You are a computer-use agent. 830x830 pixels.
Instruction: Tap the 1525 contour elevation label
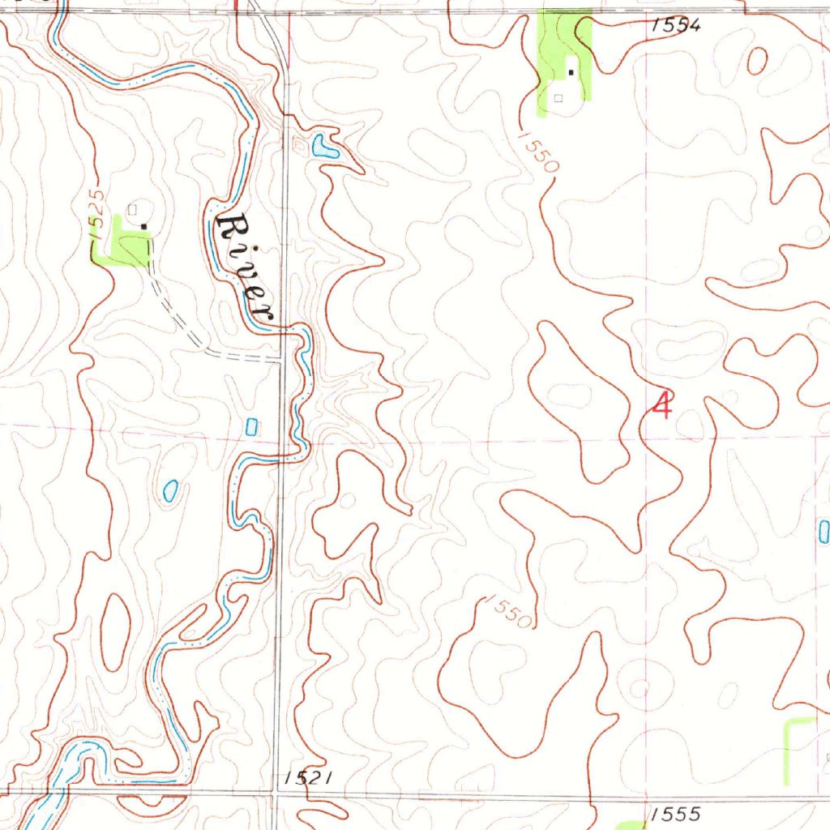pyautogui.click(x=96, y=212)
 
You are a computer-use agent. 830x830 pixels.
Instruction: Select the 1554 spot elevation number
pyautogui.click(x=675, y=25)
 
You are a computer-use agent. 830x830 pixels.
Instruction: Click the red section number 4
pyautogui.click(x=662, y=404)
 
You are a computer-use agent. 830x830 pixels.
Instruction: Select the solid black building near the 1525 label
pyautogui.click(x=144, y=226)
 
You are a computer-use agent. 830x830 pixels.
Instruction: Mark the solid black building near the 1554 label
pyautogui.click(x=571, y=73)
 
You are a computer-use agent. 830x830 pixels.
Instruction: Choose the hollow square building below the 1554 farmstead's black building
pyautogui.click(x=558, y=98)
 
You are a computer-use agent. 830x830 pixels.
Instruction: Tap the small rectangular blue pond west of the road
pyautogui.click(x=251, y=426)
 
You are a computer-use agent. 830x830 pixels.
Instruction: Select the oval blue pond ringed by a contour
pyautogui.click(x=170, y=490)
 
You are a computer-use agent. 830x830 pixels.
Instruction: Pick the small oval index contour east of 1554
pyautogui.click(x=758, y=60)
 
